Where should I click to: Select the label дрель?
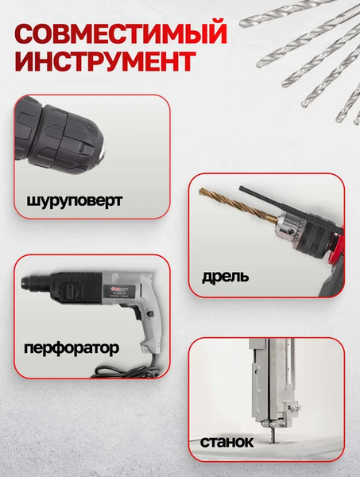point(225,277)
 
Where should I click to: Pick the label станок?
point(227,441)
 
